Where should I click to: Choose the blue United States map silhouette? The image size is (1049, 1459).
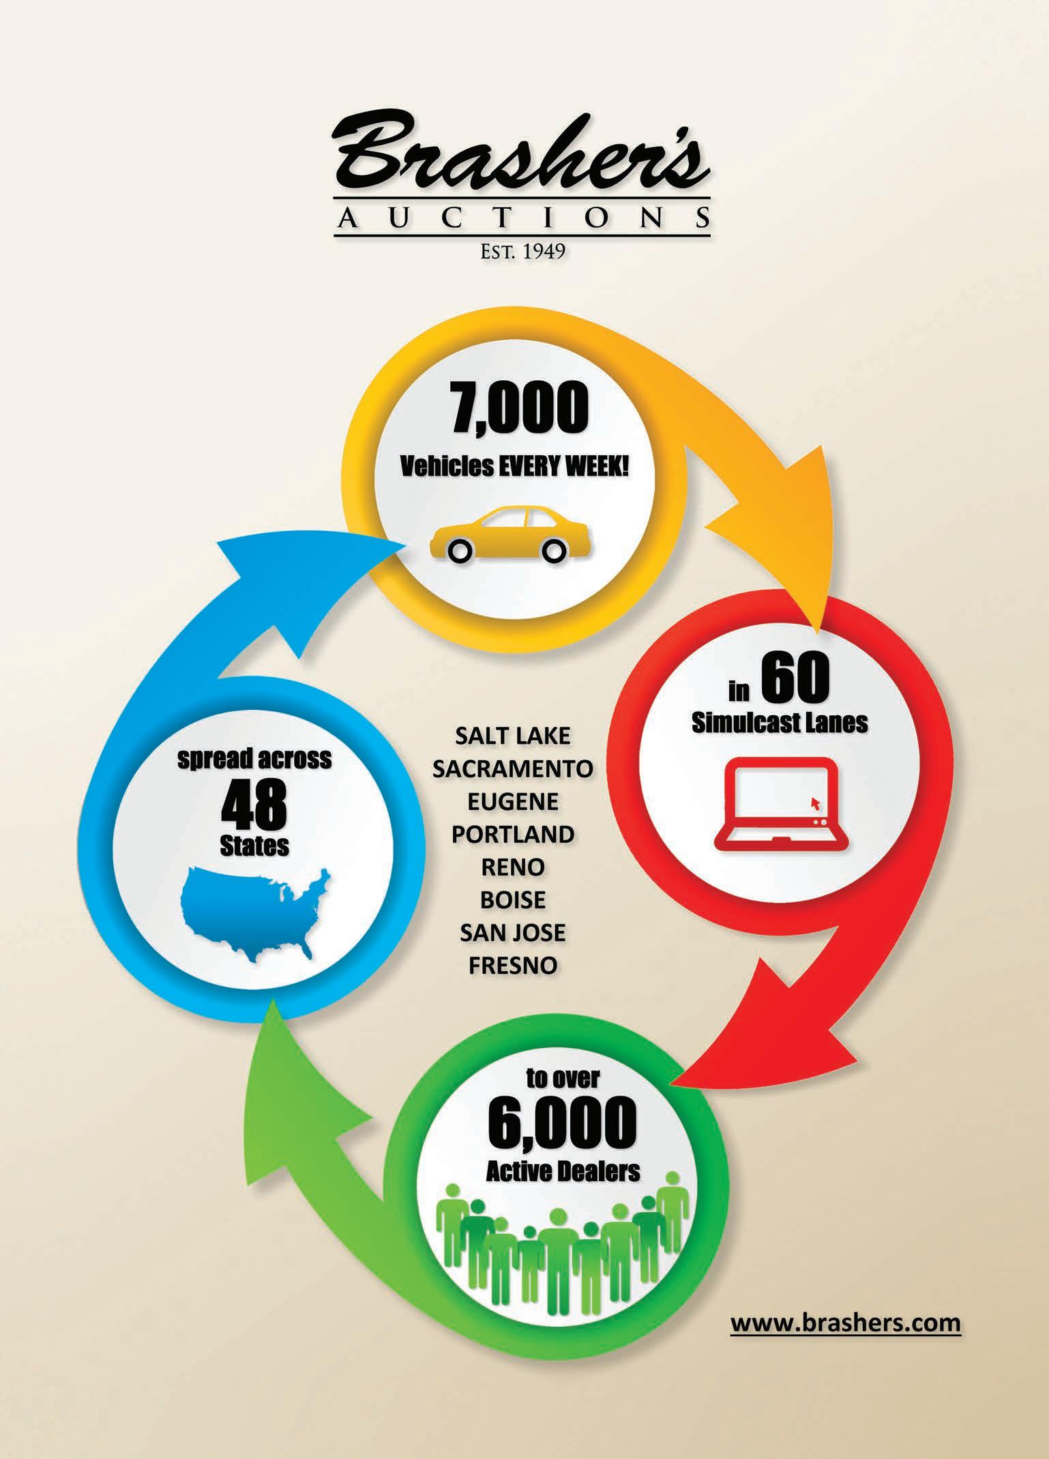click(x=254, y=913)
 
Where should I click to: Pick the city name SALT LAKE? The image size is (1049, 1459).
click(x=512, y=736)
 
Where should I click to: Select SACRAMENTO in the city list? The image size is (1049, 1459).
click(x=512, y=769)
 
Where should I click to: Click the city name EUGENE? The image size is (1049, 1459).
click(x=512, y=802)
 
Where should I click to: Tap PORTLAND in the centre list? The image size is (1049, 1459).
click(x=512, y=834)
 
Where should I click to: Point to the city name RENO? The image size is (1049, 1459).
click(x=512, y=867)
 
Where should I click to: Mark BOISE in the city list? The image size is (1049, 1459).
click(x=512, y=900)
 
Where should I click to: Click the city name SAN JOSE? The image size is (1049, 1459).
click(x=512, y=932)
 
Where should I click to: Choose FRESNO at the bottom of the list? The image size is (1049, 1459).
click(x=512, y=965)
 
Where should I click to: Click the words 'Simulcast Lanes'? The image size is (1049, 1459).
click(x=780, y=723)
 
